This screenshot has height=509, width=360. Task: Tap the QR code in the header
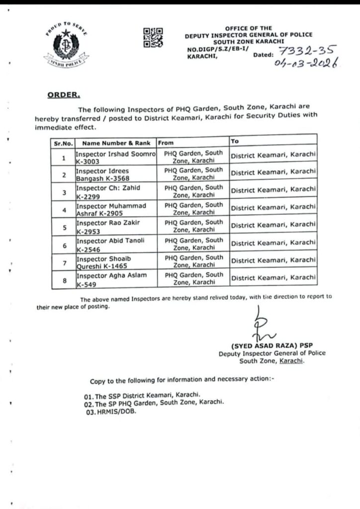(x=153, y=38)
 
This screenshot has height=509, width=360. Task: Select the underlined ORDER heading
(x=63, y=94)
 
